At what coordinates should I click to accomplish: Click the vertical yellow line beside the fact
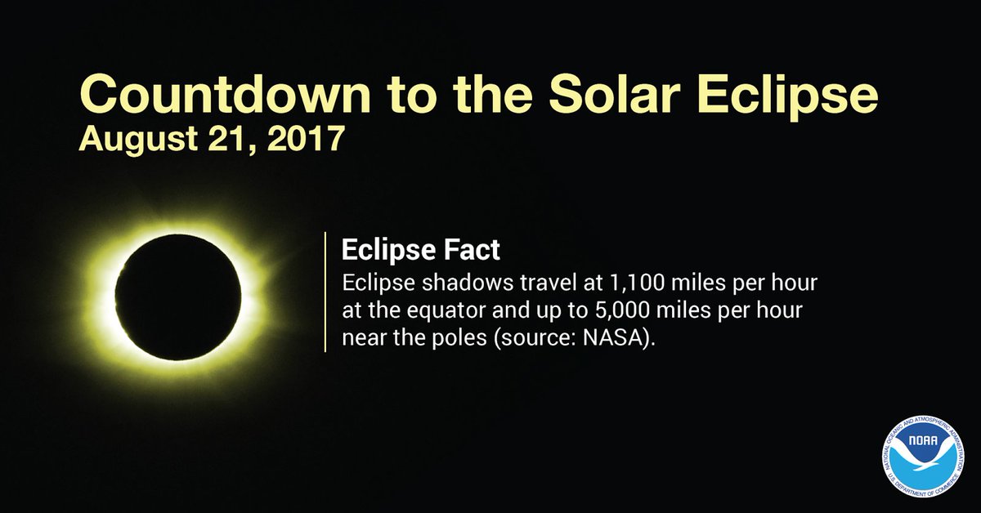pyautogui.click(x=325, y=292)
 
